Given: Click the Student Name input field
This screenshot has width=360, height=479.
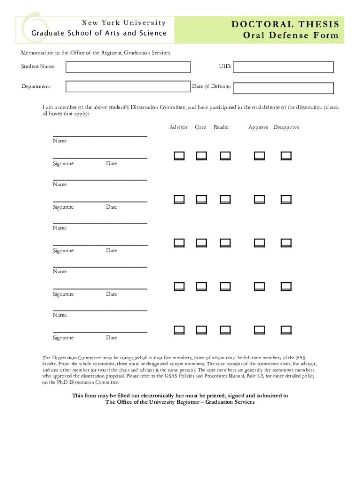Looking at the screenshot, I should coord(128,67).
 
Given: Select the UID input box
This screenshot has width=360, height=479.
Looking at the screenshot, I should coord(283,67).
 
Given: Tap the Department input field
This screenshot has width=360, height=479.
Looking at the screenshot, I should coord(128,87).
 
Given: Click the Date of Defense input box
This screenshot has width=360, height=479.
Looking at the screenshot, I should coord(283,88).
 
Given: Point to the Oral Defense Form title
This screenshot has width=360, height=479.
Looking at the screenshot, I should coord(291,36).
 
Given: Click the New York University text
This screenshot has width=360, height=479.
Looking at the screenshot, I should coord(124,23).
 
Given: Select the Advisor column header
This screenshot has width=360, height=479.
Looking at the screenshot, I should coord(179,127).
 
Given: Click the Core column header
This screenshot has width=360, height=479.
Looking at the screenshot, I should coord(201,127).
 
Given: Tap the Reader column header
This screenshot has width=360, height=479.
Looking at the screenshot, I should coord(222,127).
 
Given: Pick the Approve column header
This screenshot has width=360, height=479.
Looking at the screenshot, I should coord(259,127).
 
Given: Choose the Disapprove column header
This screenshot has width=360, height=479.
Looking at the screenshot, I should coord(287,127).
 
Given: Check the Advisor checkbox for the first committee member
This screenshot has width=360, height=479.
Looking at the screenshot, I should coord(180,156).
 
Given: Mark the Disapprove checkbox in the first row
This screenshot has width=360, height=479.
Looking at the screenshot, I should coord(286,156).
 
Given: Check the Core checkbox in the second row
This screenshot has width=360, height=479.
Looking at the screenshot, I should coord(202,199).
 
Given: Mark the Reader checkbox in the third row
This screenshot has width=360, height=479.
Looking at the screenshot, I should coord(225,243).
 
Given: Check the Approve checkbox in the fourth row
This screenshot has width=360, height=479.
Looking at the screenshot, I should coord(259,286).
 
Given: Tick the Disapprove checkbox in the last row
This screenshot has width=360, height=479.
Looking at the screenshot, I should coord(286,330).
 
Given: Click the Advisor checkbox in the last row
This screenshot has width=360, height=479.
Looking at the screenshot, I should coord(180,330).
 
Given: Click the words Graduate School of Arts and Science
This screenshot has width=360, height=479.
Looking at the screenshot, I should coord(99,33).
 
